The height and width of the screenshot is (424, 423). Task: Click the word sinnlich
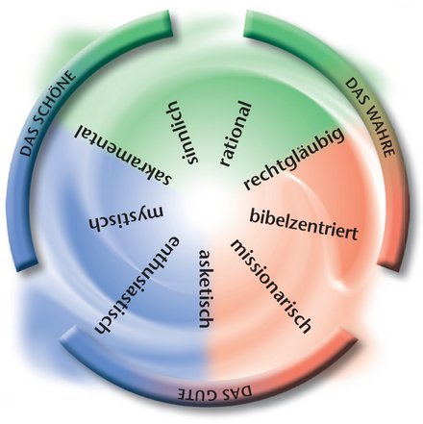183,132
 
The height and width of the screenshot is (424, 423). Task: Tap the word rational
236,134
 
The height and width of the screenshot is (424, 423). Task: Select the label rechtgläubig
294,159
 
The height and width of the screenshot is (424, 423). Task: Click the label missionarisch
271,287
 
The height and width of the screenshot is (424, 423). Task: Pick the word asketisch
206,288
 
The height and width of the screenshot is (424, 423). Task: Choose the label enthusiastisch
137,286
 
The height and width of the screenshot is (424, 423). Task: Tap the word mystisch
126,218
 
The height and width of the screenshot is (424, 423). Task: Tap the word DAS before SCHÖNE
29,144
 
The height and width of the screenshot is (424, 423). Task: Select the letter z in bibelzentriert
290,223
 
